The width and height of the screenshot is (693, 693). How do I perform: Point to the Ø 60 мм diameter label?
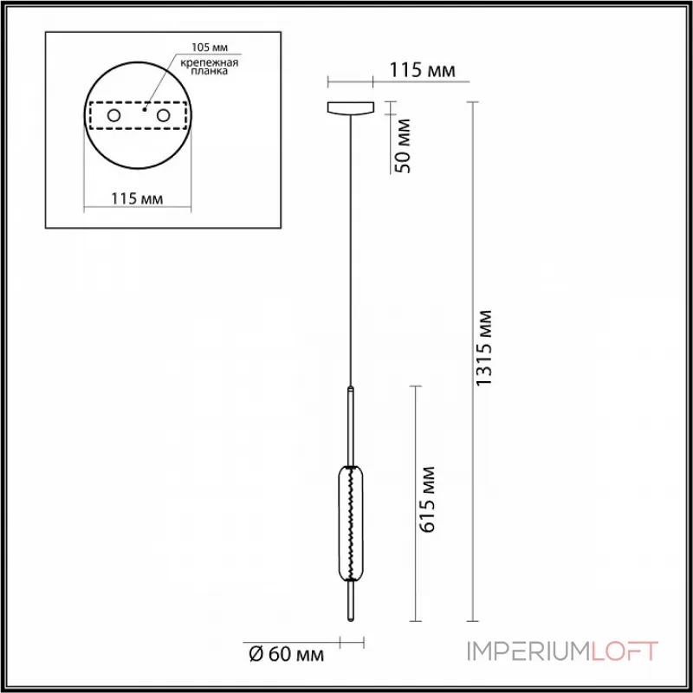coord(286,654)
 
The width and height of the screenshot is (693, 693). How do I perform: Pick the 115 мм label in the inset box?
coord(138,199)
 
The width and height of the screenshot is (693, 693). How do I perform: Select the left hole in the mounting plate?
coord(113,115)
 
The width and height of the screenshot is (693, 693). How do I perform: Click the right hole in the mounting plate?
coord(162,115)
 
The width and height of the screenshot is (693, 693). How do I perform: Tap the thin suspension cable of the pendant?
coord(350,260)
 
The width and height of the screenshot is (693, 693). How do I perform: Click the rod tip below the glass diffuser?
coord(350,601)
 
